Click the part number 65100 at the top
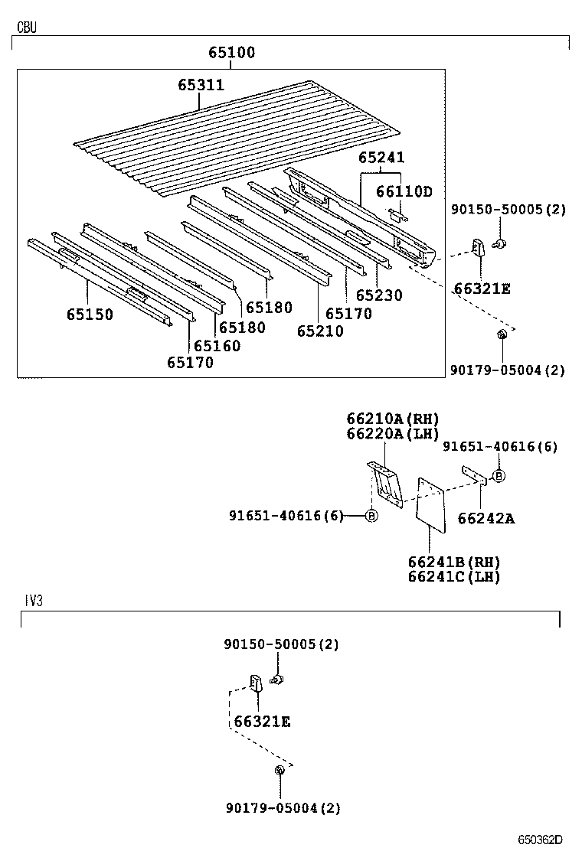point(232,54)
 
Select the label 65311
point(201,86)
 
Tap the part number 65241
point(381,158)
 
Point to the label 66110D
point(404,191)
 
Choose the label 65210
point(320,331)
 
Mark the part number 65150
point(89,315)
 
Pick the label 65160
point(217,346)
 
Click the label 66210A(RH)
point(392,419)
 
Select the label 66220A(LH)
point(392,434)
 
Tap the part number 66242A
point(486,519)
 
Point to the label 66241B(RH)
point(453,562)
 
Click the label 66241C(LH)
point(453,577)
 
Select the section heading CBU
point(27,28)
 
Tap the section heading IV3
point(33,602)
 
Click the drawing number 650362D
point(540,840)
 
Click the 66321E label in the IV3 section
point(262,722)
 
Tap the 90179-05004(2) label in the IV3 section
point(283,807)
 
